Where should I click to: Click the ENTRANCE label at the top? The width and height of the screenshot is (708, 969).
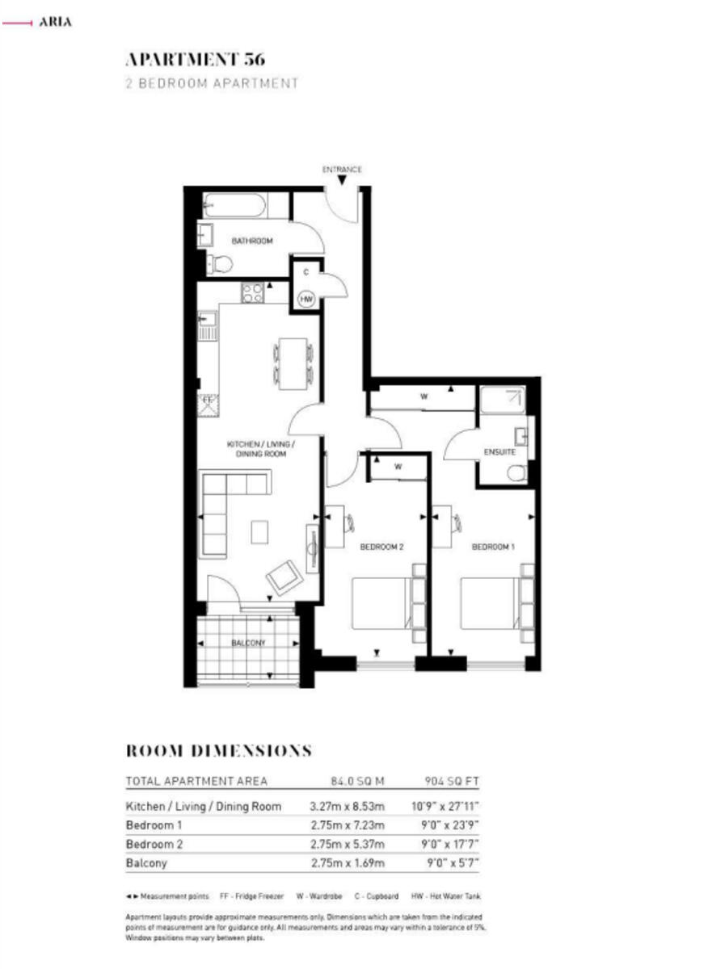(342, 170)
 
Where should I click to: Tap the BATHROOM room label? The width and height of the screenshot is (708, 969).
(252, 241)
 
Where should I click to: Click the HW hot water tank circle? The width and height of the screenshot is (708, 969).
(306, 299)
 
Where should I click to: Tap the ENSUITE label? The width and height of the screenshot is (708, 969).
(500, 452)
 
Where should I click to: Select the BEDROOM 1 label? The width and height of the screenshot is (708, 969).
(493, 547)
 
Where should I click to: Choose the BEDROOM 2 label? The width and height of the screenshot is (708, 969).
(381, 547)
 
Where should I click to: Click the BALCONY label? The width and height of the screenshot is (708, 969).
(248, 643)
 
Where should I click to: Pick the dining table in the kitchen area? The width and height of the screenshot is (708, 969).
(293, 363)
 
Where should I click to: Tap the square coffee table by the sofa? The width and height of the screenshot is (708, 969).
(259, 532)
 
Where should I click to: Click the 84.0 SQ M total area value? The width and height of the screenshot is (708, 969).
(357, 782)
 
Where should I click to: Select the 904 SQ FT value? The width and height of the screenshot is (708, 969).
(452, 782)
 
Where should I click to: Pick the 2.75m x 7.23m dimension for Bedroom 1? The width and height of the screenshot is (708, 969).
(348, 826)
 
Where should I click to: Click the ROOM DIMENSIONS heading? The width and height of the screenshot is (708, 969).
(218, 751)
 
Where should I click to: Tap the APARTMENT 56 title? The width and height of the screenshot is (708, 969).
(196, 60)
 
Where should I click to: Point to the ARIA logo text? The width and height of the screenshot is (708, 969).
(55, 22)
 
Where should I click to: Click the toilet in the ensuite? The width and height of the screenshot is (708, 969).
(517, 473)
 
